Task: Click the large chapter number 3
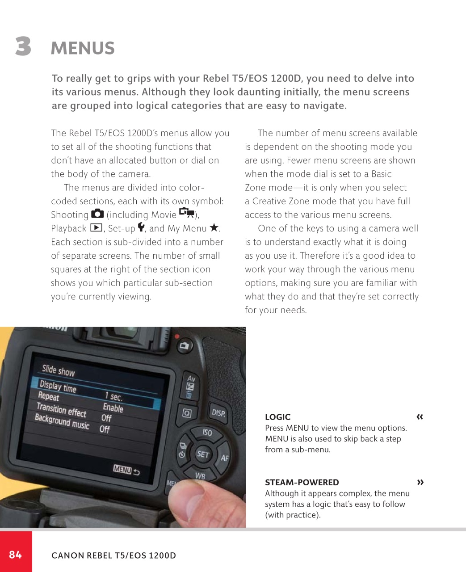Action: point(23,46)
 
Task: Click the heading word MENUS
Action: point(83,48)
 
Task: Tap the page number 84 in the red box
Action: point(15,555)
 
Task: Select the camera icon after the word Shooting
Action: point(97,214)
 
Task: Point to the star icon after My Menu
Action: point(214,227)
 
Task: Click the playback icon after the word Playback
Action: point(96,228)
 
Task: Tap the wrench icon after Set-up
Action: point(141,227)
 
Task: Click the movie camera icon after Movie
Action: point(187,212)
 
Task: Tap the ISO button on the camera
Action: point(207,433)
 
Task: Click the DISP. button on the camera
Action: point(218,412)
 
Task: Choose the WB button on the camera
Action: point(200,476)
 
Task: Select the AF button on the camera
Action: point(224,458)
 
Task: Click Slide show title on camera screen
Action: point(58,370)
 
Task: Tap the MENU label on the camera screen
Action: point(122,469)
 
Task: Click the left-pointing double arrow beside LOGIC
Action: point(420,417)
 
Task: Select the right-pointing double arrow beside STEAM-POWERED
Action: point(420,482)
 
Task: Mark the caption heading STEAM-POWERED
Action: point(302,482)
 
